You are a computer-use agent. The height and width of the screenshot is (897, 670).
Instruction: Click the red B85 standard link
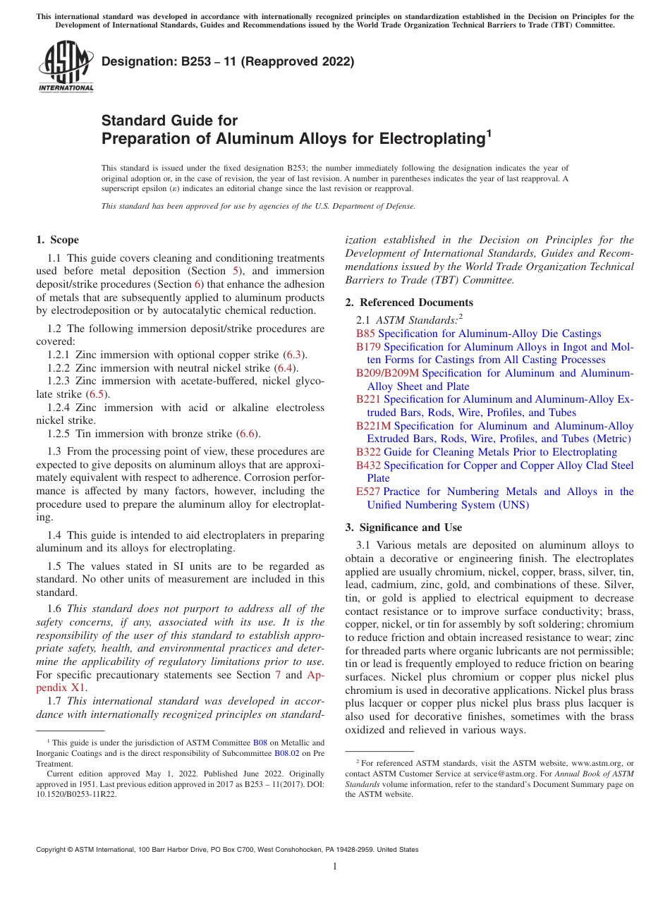[365, 334]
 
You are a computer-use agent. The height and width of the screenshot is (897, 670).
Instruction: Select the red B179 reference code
[368, 347]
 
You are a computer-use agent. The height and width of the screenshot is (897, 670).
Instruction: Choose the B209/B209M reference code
[387, 373]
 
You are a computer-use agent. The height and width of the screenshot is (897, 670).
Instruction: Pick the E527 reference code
[367, 492]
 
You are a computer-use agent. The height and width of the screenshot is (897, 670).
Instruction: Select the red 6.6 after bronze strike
[247, 434]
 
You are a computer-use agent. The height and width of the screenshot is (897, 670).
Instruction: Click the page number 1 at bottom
[335, 867]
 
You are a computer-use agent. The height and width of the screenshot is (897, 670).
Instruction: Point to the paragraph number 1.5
[54, 566]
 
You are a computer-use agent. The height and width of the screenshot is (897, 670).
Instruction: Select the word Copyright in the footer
[53, 850]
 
